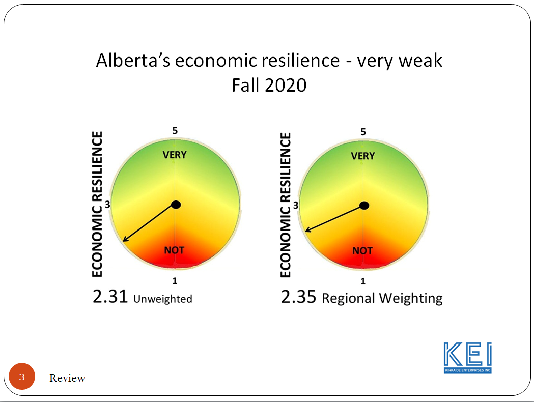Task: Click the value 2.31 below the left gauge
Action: pos(110,297)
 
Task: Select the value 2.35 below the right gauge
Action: pos(298,297)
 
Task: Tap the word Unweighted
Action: pos(163,299)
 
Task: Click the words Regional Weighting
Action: pos(382,299)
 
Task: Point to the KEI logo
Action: pos(468,357)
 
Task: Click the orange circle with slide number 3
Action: pos(22,377)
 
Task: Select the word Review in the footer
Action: pos(67,378)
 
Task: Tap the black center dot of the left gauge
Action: pos(176,205)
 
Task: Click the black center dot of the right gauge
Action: pos(364,206)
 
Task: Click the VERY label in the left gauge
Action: pos(175,155)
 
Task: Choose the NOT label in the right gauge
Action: pos(362,251)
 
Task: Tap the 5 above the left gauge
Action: pos(175,130)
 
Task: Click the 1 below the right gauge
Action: pos(363,281)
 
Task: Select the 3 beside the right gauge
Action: pos(296,205)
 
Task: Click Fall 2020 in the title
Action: pos(269,85)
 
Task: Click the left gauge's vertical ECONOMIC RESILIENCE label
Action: pos(97,204)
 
